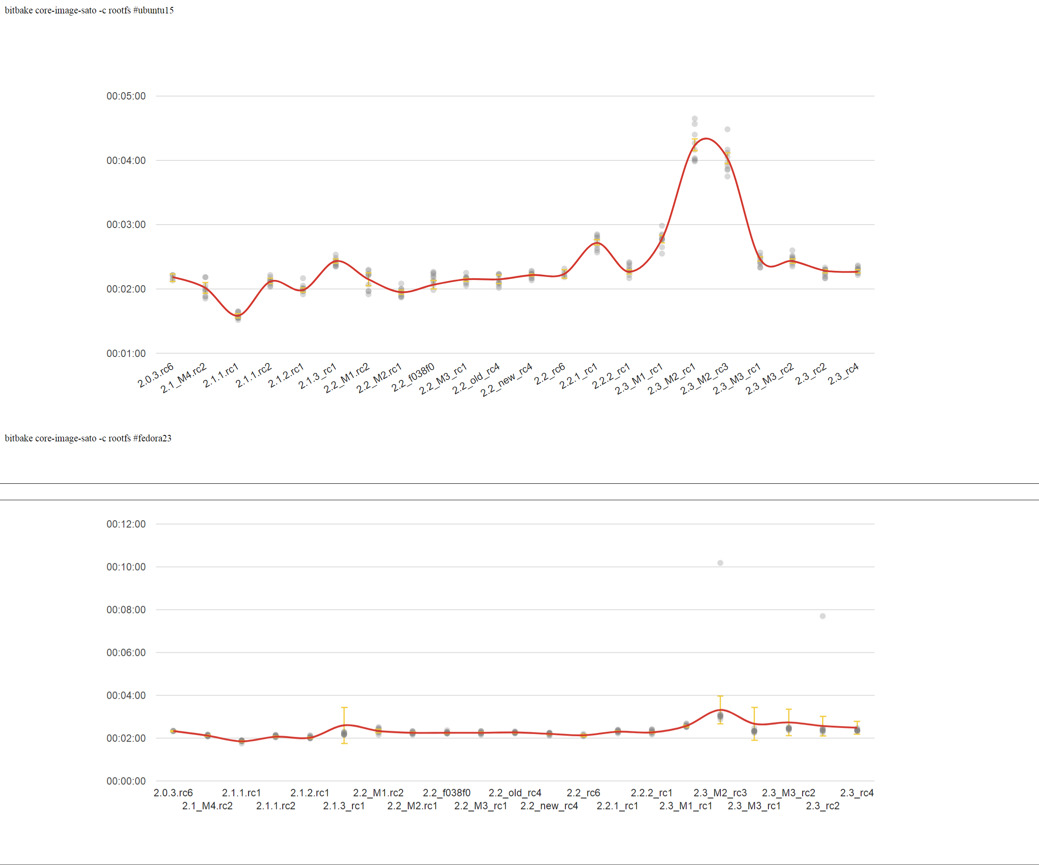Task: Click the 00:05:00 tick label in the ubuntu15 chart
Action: pyautogui.click(x=126, y=96)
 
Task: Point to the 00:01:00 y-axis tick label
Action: pyautogui.click(x=126, y=354)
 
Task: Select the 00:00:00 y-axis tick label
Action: pyautogui.click(x=126, y=781)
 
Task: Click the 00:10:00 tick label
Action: pyautogui.click(x=126, y=567)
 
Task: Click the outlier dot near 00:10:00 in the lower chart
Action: pyautogui.click(x=720, y=563)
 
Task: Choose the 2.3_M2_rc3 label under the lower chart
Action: pyautogui.click(x=720, y=793)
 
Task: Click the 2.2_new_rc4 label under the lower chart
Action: pyautogui.click(x=549, y=806)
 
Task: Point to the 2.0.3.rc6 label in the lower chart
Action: pyautogui.click(x=173, y=793)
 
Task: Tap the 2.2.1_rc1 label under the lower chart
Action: pyautogui.click(x=617, y=806)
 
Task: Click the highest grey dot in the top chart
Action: pyautogui.click(x=695, y=119)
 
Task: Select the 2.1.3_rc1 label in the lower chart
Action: pyautogui.click(x=344, y=806)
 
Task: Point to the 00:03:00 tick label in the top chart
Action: pyautogui.click(x=126, y=225)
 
